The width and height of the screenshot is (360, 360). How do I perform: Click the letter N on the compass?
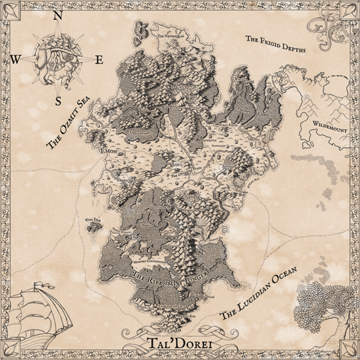58,16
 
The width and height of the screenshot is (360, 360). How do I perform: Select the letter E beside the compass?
99,61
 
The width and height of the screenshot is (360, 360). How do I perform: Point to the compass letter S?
58,101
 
